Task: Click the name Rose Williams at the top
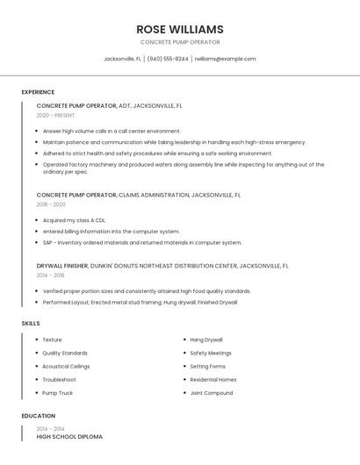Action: (x=180, y=29)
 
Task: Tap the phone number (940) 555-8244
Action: (x=168, y=59)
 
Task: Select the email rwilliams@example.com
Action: (x=225, y=59)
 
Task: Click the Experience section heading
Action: (x=38, y=92)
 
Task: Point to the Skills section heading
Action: (x=31, y=324)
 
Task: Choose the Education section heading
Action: (x=39, y=416)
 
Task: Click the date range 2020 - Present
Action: (x=57, y=115)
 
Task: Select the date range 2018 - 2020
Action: (x=51, y=204)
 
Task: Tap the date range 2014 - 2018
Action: (x=51, y=275)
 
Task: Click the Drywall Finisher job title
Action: (x=62, y=266)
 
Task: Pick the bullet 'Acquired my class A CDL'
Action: (x=74, y=220)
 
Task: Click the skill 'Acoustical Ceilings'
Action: (x=66, y=366)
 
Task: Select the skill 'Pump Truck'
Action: (x=58, y=393)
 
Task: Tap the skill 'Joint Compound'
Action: (x=212, y=393)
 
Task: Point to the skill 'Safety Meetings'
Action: (x=212, y=353)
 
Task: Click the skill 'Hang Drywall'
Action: (x=206, y=340)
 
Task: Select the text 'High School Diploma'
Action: (x=69, y=436)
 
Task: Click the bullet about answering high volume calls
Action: (x=112, y=131)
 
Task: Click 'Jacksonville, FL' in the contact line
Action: (x=123, y=59)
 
